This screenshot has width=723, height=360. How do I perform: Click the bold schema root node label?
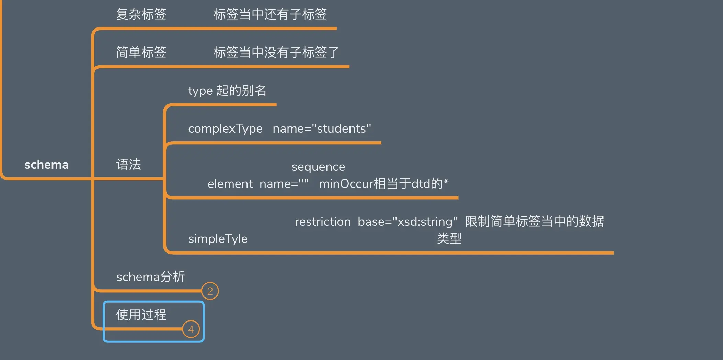click(46, 165)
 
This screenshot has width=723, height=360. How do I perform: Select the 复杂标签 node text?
click(141, 14)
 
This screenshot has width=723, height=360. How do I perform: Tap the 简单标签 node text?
click(141, 53)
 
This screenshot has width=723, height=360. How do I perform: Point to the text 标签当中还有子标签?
click(270, 14)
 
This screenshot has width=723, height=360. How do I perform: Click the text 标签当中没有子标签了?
click(276, 53)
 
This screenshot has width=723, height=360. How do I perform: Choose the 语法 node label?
click(128, 165)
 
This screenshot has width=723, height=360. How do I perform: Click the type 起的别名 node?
click(227, 91)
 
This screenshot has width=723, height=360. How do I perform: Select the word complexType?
click(225, 129)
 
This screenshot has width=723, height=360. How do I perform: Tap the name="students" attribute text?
click(322, 129)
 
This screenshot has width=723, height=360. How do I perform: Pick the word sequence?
click(318, 167)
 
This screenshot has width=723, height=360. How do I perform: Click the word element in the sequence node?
click(230, 184)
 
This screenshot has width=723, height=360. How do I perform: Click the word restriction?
click(323, 222)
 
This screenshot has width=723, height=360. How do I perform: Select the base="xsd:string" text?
click(408, 222)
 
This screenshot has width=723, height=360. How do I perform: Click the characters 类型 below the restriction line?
click(449, 239)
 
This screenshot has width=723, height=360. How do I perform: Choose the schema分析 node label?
click(150, 277)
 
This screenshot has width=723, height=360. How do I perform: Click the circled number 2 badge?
click(210, 291)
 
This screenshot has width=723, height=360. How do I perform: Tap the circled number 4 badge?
click(191, 329)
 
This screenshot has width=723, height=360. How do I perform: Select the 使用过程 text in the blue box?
click(141, 315)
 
